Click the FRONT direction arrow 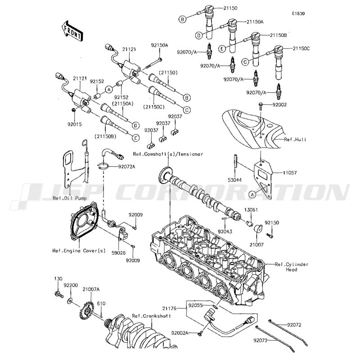click(x=72, y=31)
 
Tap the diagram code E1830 click(x=298, y=13)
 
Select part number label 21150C click(x=301, y=49)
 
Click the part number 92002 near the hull click(x=279, y=105)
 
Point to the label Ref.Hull click(x=295, y=139)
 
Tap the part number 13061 click(x=251, y=210)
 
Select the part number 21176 click(x=169, y=308)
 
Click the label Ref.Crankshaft click(x=151, y=316)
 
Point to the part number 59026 click(x=118, y=253)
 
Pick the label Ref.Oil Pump click(x=70, y=198)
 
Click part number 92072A click(x=126, y=166)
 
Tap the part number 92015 click(x=74, y=124)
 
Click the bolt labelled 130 click(x=59, y=294)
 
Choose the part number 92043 click(x=225, y=232)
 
